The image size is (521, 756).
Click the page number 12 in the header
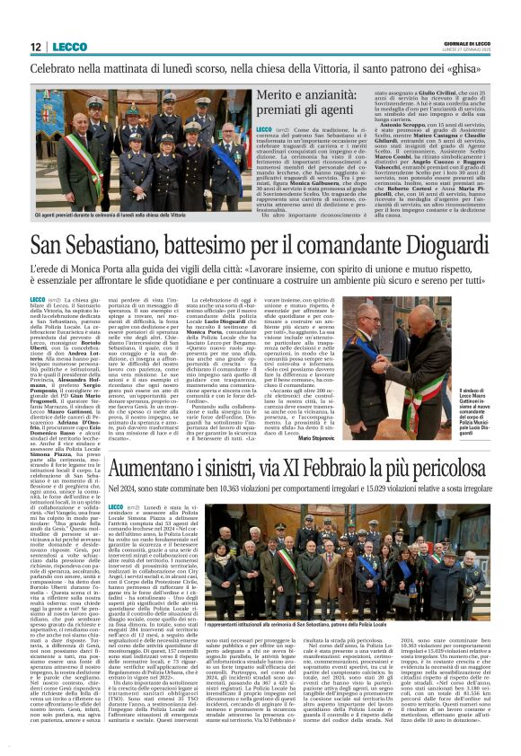tap(35, 47)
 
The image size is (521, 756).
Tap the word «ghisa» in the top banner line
tap(465, 66)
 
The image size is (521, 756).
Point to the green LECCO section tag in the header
tap(69, 47)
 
